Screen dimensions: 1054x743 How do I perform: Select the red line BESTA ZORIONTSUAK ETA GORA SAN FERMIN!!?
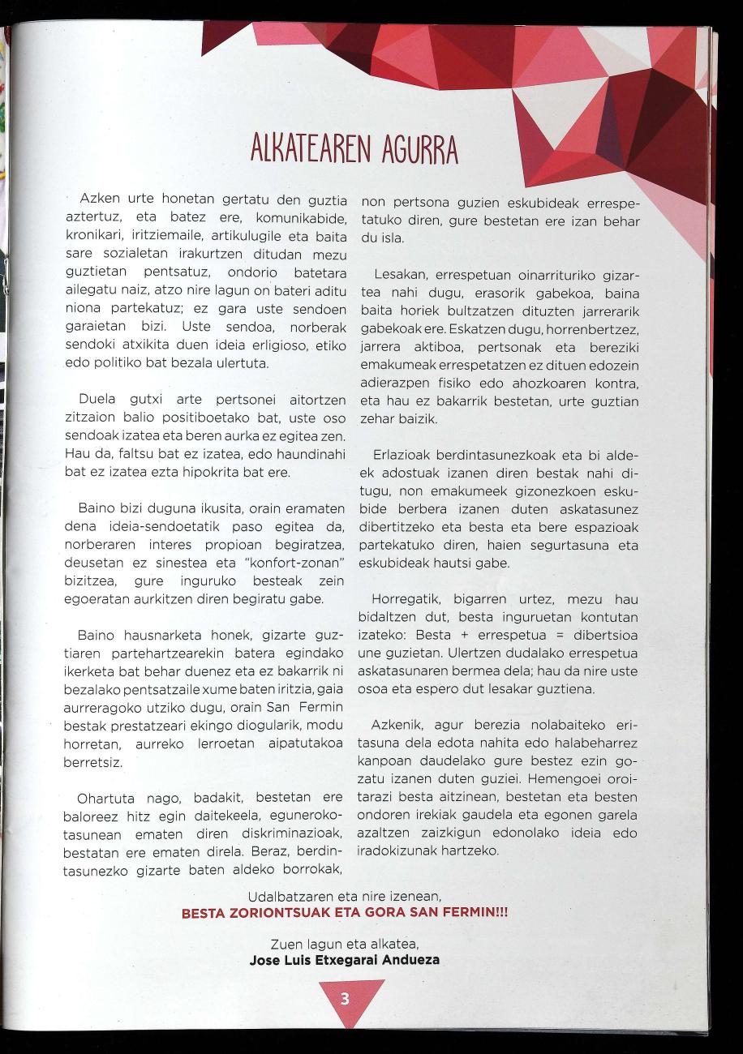point(345,913)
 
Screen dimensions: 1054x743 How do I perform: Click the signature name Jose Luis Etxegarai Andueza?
point(345,960)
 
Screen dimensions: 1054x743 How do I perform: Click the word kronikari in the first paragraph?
point(93,237)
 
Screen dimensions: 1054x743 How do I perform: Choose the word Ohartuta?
point(105,799)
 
